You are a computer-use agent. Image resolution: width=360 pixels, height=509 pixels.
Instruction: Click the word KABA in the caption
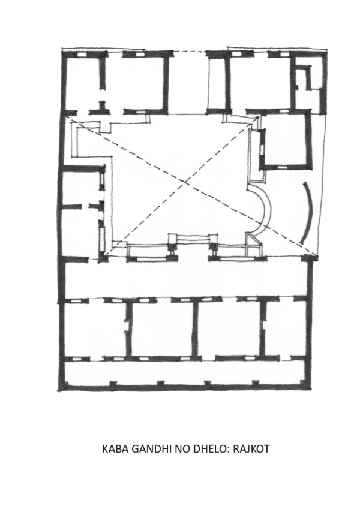[115, 448]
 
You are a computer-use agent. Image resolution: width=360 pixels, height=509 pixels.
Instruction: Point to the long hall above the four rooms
[187, 278]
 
